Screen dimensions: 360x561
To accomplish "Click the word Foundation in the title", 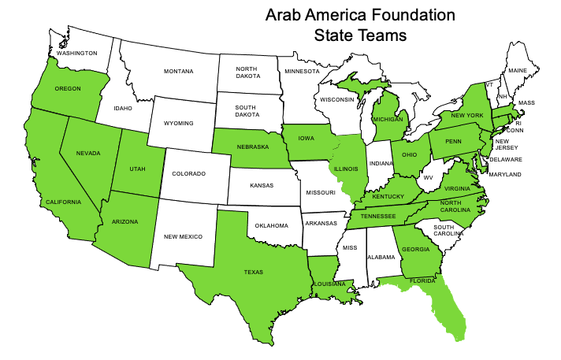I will point(411,14).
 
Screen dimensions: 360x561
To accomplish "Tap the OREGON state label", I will point(68,88).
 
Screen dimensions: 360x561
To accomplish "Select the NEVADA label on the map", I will point(88,153).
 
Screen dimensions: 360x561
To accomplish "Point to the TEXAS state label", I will point(254,273).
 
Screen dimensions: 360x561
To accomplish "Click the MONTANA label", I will point(178,72).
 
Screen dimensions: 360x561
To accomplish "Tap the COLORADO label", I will point(190,174).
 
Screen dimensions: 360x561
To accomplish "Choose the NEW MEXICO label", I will point(184,236).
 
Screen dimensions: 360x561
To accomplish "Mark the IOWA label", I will point(307,137).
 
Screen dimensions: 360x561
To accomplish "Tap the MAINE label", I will point(518,71).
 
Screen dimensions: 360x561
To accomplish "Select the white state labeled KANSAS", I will point(262,184).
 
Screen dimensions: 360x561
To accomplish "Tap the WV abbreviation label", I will point(429,177).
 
